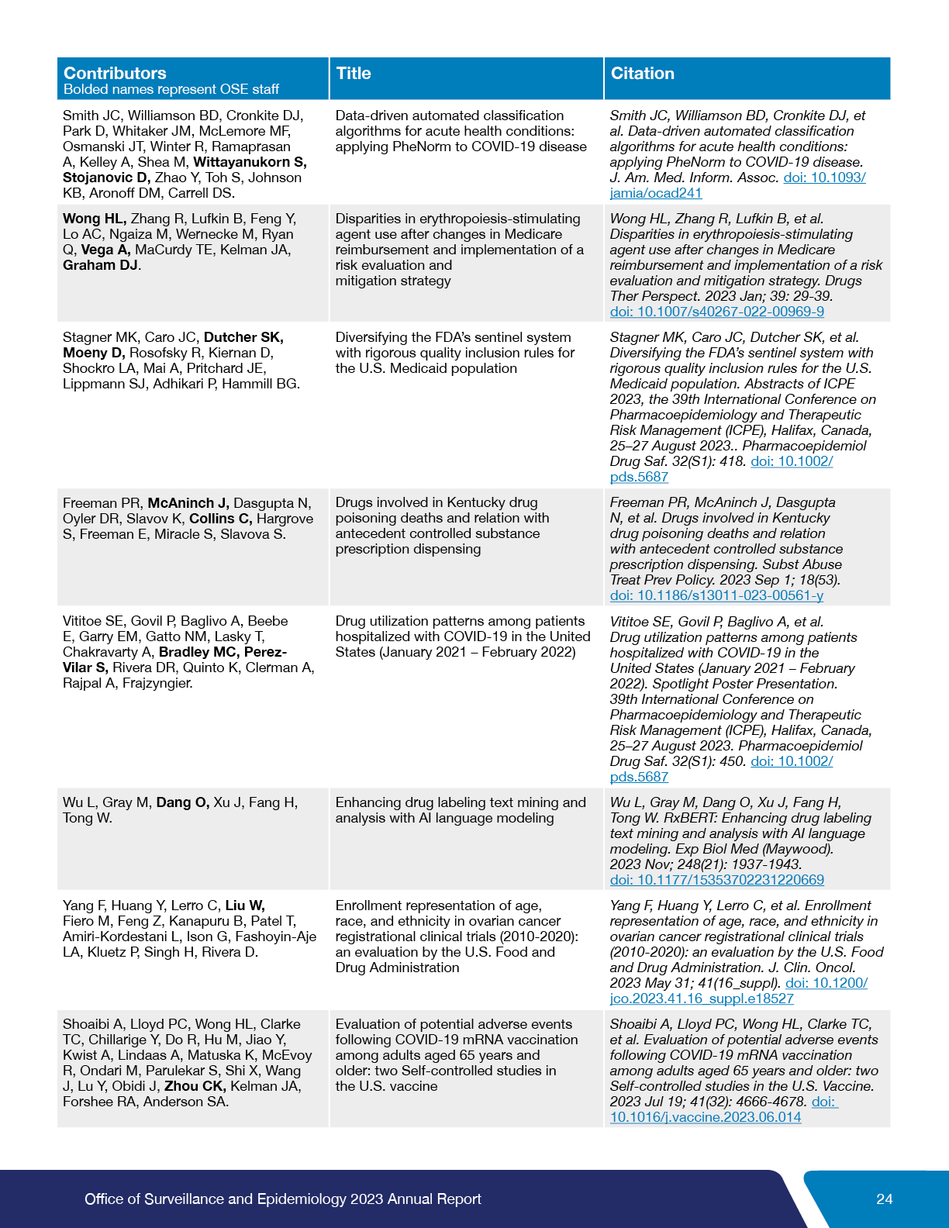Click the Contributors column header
(115, 73)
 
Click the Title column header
(354, 73)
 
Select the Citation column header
(642, 73)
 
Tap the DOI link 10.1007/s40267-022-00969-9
(716, 312)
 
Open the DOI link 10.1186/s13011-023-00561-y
(716, 595)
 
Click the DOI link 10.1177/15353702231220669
(716, 880)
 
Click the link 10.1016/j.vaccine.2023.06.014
(706, 1117)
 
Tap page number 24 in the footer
(884, 1199)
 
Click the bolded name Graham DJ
(101, 265)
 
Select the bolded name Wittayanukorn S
(250, 162)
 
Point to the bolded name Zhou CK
(195, 1086)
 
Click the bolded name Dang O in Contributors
(182, 802)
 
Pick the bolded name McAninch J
(188, 503)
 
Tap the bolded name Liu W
(245, 905)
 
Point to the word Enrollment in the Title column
(369, 905)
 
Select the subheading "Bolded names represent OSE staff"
(171, 89)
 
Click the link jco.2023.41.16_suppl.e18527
(702, 999)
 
